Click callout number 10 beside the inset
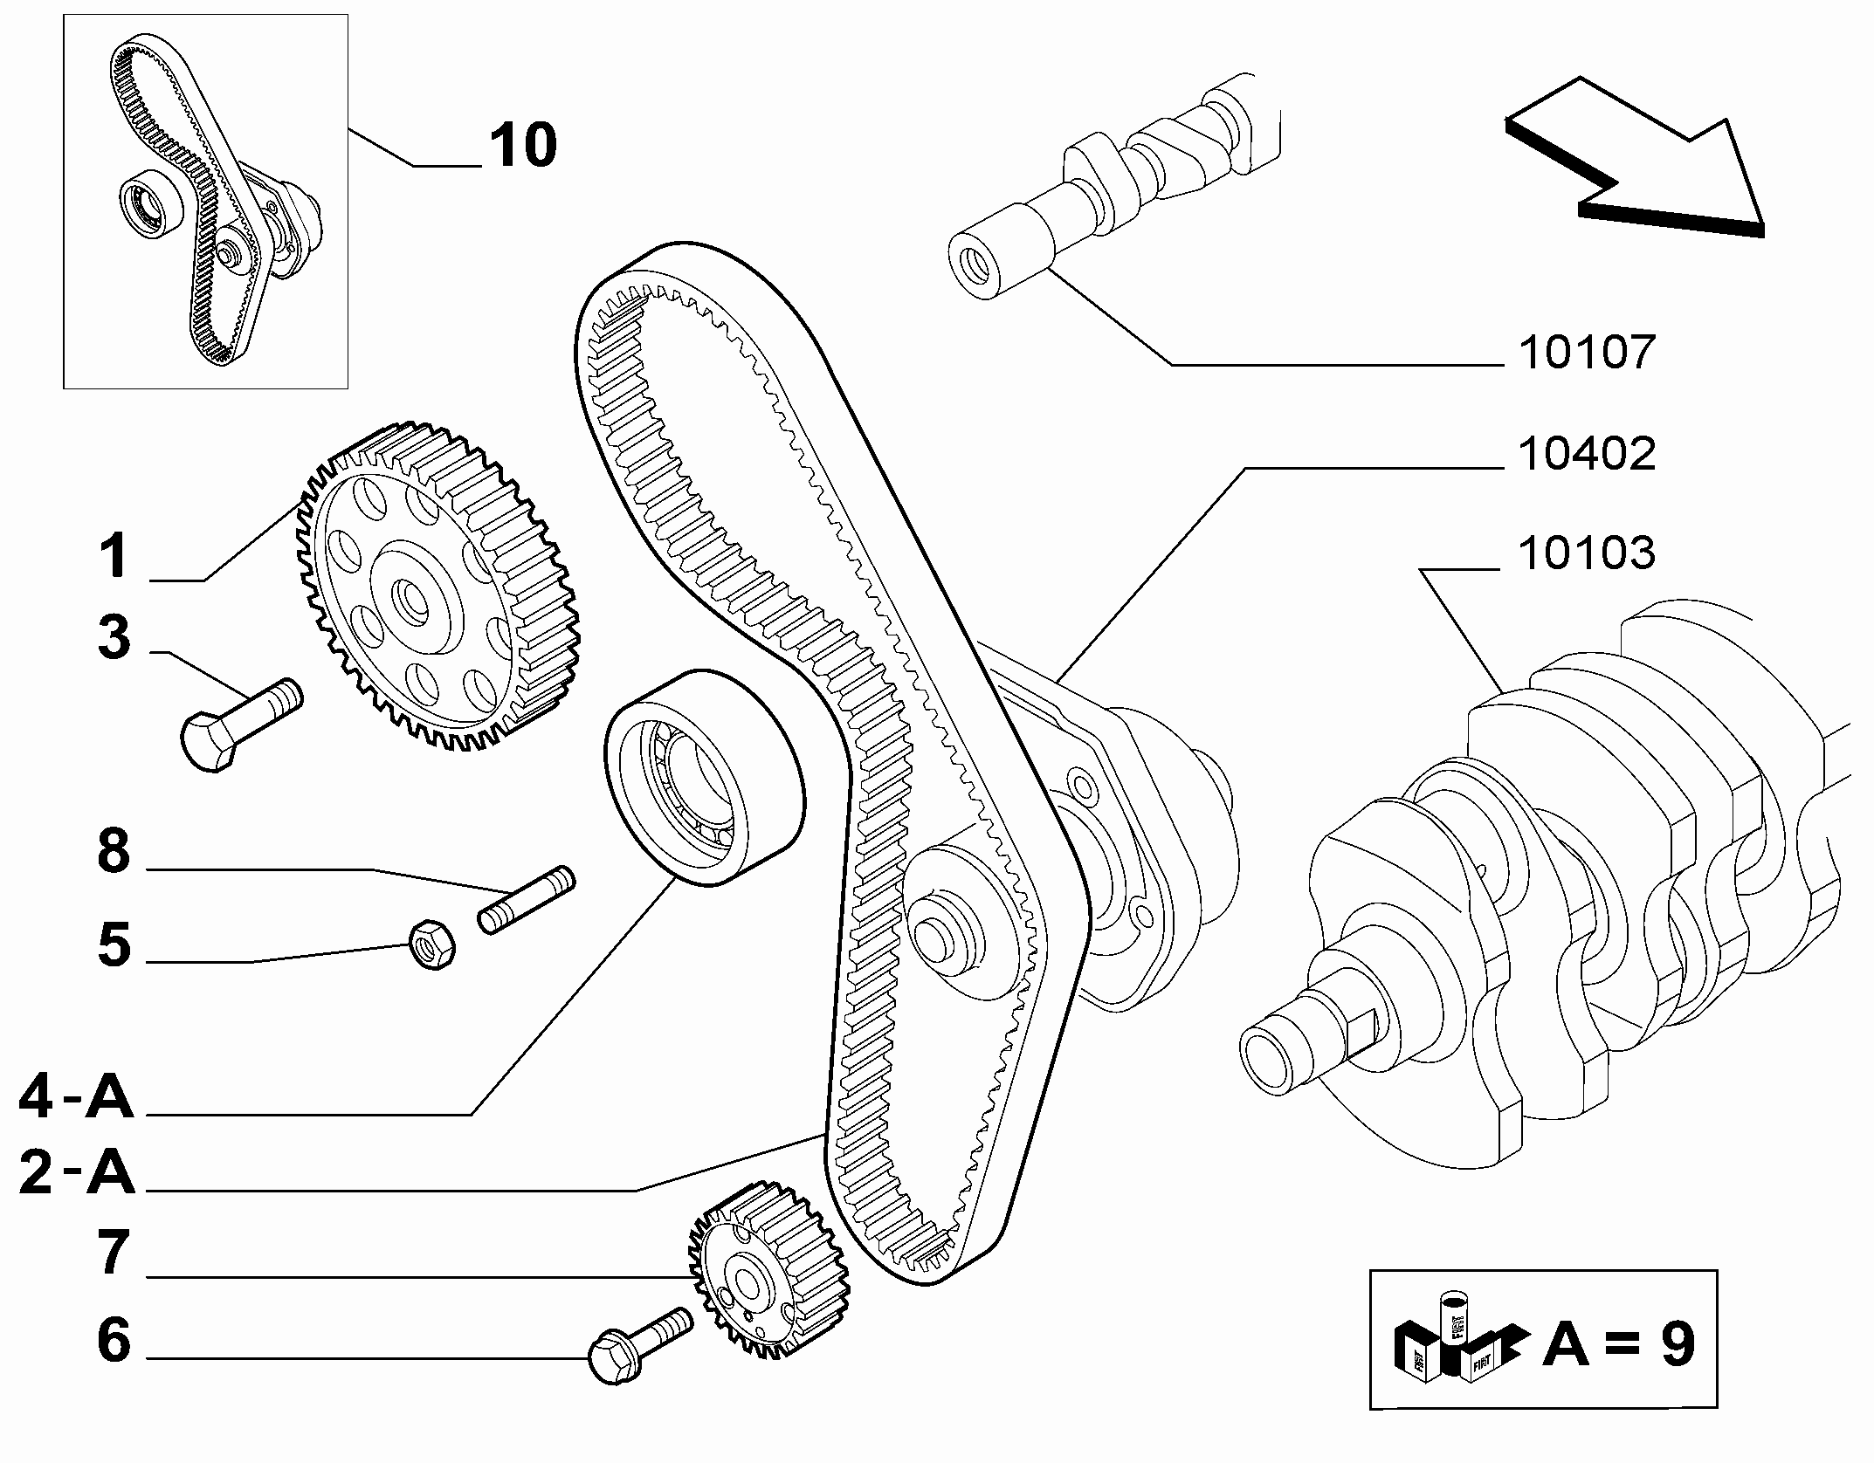coord(522,145)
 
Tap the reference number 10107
coord(1587,353)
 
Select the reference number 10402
coord(1587,454)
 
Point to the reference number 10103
coord(1587,553)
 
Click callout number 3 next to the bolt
coord(114,637)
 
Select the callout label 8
coord(114,851)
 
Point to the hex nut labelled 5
coord(431,944)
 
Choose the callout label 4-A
coord(76,1097)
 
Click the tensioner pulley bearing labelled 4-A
coord(704,779)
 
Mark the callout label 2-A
coord(76,1172)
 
